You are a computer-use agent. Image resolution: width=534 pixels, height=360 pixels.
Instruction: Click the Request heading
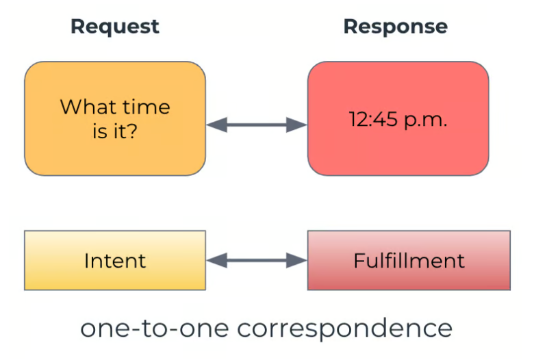click(115, 27)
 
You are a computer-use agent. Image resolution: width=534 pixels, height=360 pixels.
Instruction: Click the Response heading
click(396, 27)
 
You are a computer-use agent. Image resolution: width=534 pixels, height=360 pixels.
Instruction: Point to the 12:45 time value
click(373, 120)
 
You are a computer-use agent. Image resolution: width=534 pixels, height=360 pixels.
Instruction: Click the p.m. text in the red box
click(425, 121)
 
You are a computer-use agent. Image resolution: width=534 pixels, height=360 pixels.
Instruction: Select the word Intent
click(115, 261)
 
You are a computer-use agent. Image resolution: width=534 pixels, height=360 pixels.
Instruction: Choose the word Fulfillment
click(409, 261)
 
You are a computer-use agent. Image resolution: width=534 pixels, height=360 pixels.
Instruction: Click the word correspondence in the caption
click(344, 329)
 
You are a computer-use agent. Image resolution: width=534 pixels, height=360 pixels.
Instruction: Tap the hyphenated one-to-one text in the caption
click(155, 329)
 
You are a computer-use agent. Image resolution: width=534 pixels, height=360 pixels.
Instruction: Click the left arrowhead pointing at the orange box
click(217, 125)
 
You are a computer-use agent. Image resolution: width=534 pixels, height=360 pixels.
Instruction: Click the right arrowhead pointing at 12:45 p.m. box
click(296, 125)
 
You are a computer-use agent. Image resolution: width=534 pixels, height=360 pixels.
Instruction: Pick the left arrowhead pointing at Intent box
click(217, 261)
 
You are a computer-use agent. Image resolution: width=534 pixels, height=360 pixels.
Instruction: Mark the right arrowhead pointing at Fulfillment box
click(296, 261)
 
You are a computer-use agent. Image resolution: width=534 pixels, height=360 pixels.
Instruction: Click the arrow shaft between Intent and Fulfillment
click(257, 261)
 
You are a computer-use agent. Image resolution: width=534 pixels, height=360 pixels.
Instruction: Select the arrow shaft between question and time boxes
click(257, 125)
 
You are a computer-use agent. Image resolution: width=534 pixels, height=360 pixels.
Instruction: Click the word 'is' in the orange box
click(99, 131)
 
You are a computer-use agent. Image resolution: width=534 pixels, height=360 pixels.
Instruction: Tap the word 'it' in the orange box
click(118, 131)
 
